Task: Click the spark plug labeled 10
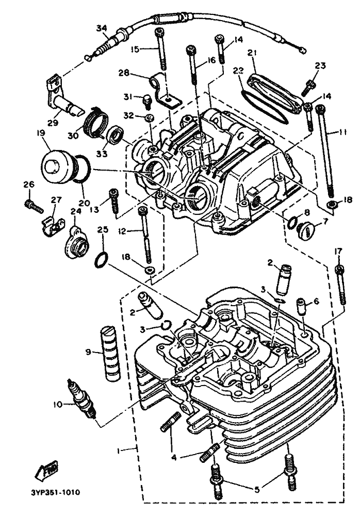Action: coord(81,399)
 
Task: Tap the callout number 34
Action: coord(102,28)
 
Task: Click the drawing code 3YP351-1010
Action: coord(53,493)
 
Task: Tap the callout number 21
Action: coord(252,53)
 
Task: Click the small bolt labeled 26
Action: coord(34,206)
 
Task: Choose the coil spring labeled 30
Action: coord(97,122)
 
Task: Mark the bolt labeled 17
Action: coord(341,285)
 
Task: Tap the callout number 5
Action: coord(257,489)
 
